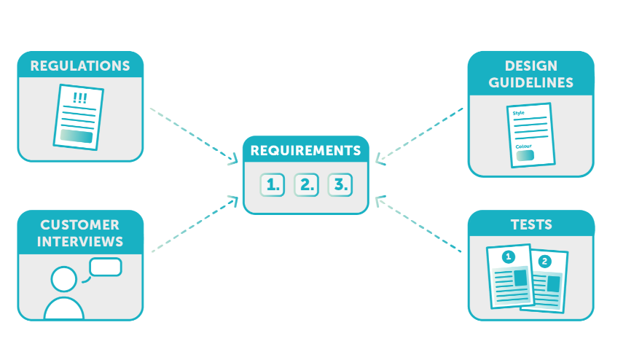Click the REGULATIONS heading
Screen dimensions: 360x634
click(x=80, y=66)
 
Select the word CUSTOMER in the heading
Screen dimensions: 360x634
click(x=80, y=225)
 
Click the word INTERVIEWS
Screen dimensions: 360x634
click(x=80, y=241)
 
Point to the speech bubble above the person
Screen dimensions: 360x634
click(x=106, y=267)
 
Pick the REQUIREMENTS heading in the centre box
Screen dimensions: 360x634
click(x=305, y=151)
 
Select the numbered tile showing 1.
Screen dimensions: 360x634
click(x=273, y=185)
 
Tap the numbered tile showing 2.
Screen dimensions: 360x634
click(x=306, y=185)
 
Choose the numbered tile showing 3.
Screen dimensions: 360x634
click(x=340, y=185)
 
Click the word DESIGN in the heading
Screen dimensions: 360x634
click(x=531, y=66)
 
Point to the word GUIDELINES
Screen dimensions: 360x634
click(x=531, y=82)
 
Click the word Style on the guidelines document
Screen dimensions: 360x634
click(x=519, y=113)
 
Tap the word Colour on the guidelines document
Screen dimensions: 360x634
click(x=524, y=146)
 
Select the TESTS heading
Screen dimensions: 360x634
click(x=531, y=225)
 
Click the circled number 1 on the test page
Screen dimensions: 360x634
click(x=508, y=257)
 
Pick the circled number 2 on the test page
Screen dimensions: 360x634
click(x=545, y=261)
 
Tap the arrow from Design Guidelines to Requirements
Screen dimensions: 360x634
click(x=420, y=134)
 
